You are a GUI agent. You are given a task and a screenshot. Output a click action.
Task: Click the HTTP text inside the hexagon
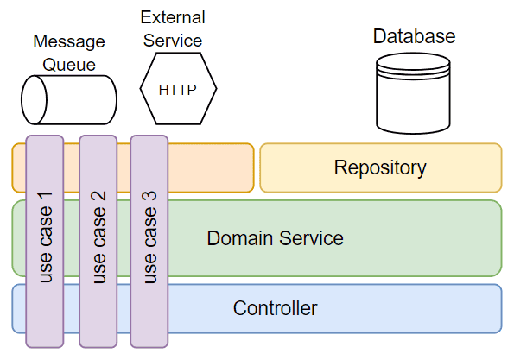177,90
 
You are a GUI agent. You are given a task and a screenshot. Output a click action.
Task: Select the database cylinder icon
413,93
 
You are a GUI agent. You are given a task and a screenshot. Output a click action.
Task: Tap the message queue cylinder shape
69,100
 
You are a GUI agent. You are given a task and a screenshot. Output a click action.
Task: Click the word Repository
380,168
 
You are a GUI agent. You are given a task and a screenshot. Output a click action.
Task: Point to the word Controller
275,308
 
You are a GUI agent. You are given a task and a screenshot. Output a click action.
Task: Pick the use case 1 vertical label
46,237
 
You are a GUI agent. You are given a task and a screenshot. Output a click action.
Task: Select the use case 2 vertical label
99,237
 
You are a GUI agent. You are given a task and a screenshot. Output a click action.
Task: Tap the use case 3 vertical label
149,237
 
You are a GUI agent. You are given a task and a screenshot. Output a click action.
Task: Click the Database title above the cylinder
414,36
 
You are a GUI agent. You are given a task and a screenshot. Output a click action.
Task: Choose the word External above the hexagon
173,17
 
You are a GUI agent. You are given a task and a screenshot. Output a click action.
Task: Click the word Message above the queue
69,42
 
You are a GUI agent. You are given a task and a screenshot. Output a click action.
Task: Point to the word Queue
69,65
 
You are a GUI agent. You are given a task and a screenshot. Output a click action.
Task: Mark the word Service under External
173,41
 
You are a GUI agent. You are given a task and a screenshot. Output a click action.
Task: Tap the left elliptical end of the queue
34,100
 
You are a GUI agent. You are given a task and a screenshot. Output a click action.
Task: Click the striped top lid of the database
413,66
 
